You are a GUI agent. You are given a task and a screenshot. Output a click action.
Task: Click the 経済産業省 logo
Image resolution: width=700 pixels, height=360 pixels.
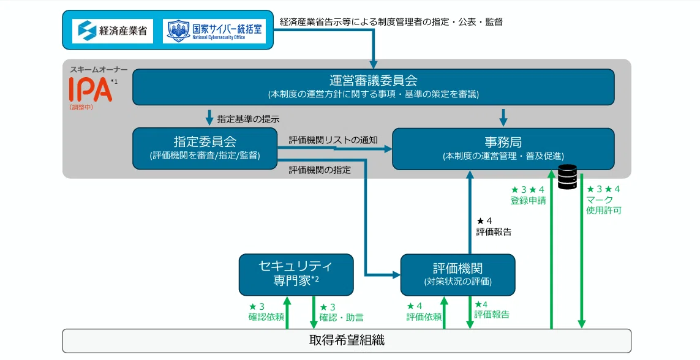113,31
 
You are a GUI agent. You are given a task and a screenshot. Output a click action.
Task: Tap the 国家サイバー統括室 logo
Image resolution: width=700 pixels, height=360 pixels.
214,31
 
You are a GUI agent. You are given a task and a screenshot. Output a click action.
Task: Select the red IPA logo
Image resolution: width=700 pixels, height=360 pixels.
90,89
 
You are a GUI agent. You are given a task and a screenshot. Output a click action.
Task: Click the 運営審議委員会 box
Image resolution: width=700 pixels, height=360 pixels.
373,87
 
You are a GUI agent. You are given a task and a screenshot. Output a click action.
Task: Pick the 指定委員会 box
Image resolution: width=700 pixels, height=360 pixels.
205,149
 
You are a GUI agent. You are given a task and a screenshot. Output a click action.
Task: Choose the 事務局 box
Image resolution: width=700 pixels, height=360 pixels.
503,149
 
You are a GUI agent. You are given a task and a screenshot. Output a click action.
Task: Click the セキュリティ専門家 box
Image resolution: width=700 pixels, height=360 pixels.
296,275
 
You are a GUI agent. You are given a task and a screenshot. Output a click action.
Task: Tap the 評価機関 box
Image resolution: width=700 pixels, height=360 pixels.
457,275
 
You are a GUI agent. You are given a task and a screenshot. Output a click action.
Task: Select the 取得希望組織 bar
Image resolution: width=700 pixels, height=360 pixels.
347,341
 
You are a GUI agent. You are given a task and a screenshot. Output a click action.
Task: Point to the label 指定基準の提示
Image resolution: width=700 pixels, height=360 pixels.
248,119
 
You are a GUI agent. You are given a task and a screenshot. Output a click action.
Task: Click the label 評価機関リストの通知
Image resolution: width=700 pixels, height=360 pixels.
333,140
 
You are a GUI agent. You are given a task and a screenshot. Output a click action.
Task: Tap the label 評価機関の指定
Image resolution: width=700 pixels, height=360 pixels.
320,170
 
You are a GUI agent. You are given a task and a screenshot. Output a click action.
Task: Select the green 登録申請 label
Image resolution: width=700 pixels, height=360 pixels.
528,201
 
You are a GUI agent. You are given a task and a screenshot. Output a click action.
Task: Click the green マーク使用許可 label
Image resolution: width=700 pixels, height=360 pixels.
604,205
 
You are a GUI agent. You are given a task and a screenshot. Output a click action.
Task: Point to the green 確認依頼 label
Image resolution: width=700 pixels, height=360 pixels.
266,317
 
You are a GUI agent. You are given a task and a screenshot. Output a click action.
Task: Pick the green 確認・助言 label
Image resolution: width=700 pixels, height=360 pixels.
341,318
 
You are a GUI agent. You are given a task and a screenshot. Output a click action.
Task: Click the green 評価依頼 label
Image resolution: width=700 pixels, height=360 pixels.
424,317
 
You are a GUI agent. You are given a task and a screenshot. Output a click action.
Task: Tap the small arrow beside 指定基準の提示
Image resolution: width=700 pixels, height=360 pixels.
209,118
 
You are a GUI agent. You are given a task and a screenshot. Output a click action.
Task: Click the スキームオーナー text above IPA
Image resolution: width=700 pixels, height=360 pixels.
99,70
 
